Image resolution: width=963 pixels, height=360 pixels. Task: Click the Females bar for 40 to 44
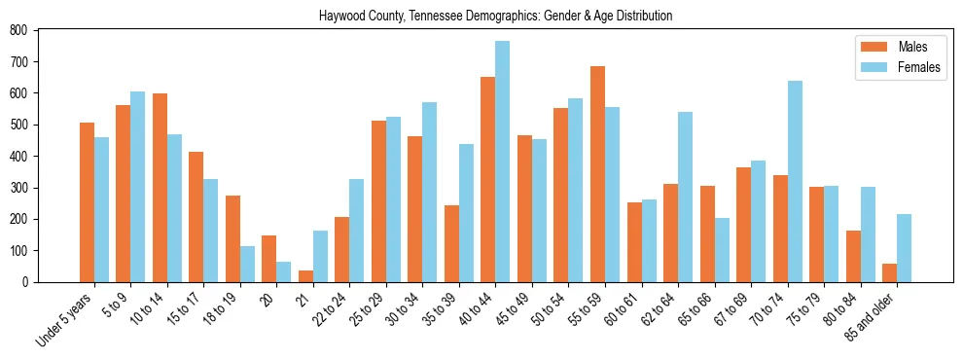[x=503, y=162]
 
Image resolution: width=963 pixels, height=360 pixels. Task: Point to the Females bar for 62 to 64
[x=685, y=197]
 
